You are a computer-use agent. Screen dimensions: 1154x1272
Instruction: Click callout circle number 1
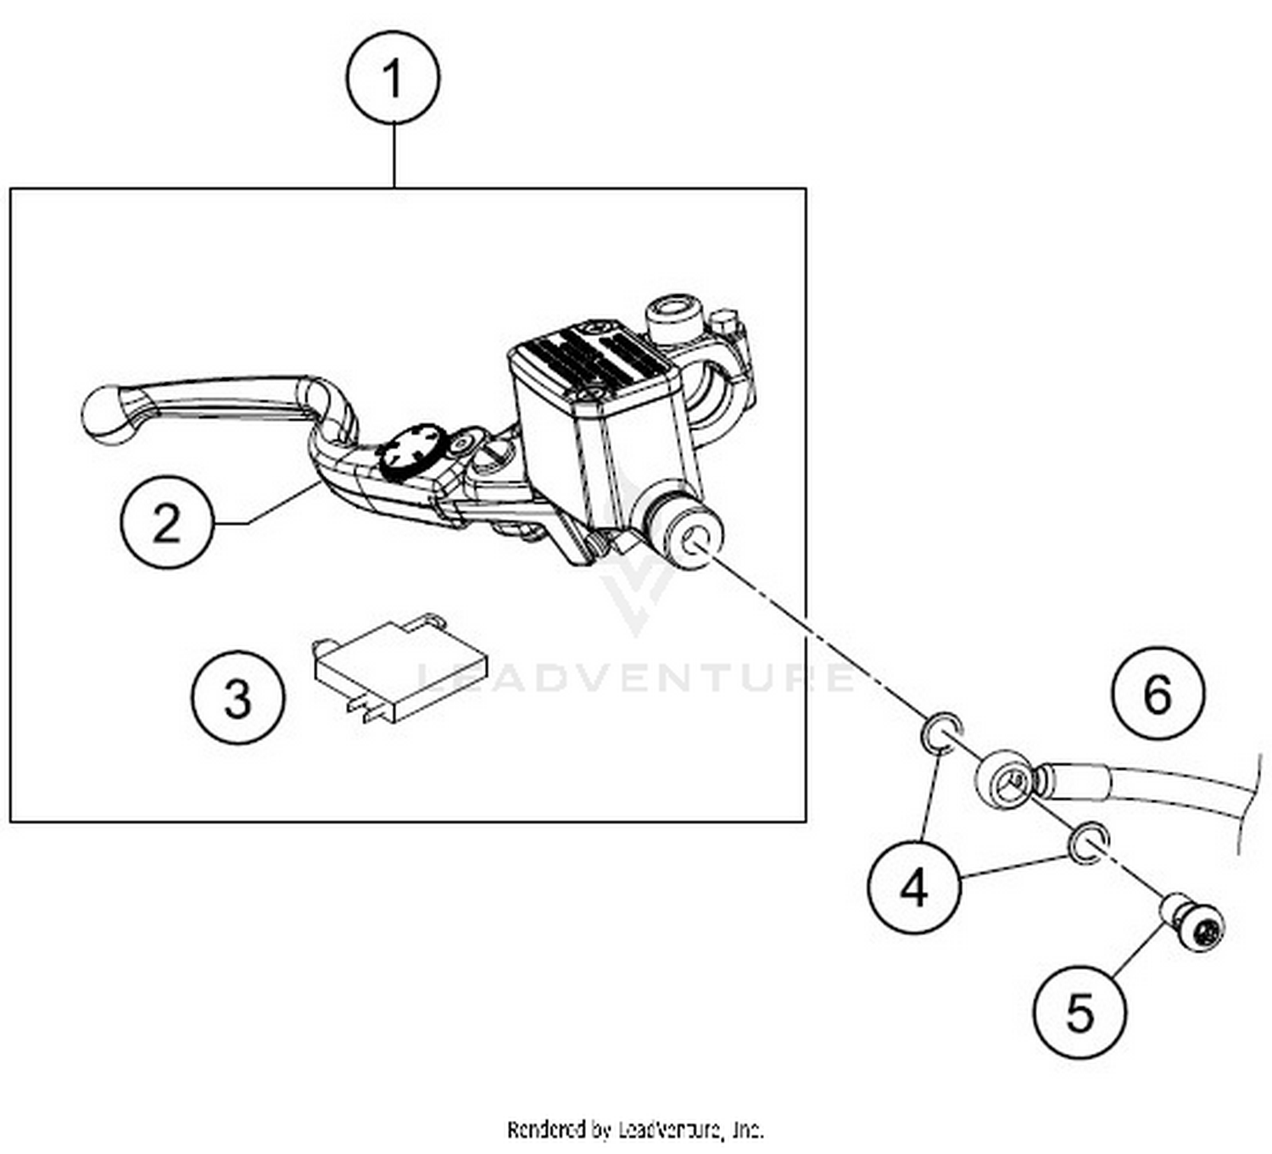(x=393, y=78)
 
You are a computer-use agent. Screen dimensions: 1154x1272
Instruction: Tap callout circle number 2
(x=166, y=521)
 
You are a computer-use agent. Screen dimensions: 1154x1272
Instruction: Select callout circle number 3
(x=237, y=697)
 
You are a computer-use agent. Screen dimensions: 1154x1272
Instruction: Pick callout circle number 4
(x=913, y=888)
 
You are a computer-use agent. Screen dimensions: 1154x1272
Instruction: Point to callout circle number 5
(x=1080, y=1012)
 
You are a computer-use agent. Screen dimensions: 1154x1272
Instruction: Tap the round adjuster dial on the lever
(x=411, y=449)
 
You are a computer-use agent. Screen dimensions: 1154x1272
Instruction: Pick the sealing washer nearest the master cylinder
(x=941, y=732)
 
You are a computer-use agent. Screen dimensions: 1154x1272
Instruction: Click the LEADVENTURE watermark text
(x=636, y=677)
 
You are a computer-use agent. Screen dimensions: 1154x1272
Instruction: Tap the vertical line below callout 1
(x=394, y=156)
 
